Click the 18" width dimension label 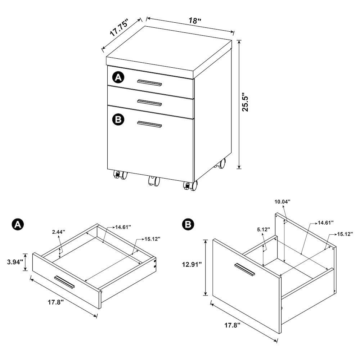coord(195,21)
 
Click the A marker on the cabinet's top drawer coord(118,77)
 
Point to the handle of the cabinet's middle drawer coord(149,103)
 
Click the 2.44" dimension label coord(58,232)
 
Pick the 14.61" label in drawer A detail coord(123,227)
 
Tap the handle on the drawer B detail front coord(244,270)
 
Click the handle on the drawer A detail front coord(65,282)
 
